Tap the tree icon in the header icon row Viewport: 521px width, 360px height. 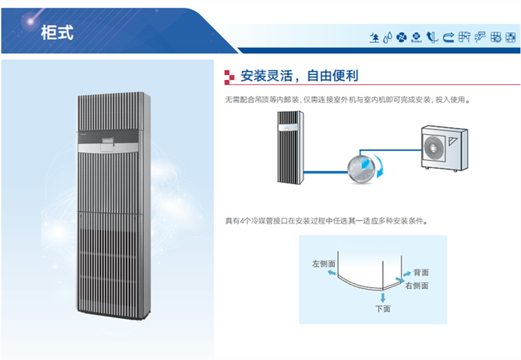375,37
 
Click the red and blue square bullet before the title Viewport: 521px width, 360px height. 229,76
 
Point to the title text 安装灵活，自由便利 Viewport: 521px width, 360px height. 299,76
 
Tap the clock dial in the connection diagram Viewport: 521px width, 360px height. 360,167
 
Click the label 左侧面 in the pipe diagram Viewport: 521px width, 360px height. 324,264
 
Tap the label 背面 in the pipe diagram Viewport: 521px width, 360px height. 421,272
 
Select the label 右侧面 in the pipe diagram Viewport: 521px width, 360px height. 417,286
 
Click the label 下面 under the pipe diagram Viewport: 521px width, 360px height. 383,308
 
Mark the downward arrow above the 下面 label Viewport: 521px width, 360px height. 383,296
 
